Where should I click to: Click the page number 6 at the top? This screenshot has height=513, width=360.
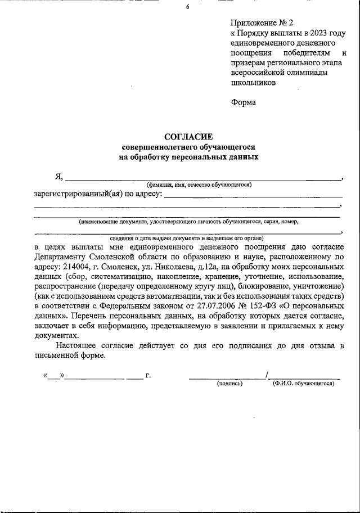point(188,7)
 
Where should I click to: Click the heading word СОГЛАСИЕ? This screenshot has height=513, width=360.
point(188,136)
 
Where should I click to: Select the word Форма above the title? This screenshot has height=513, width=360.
point(243,102)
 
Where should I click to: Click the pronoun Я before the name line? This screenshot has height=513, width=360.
point(58,176)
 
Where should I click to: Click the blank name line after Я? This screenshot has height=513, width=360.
point(202,179)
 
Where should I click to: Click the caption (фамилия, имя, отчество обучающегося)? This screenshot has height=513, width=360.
point(199,184)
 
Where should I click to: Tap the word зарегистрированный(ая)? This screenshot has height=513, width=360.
point(78,195)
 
